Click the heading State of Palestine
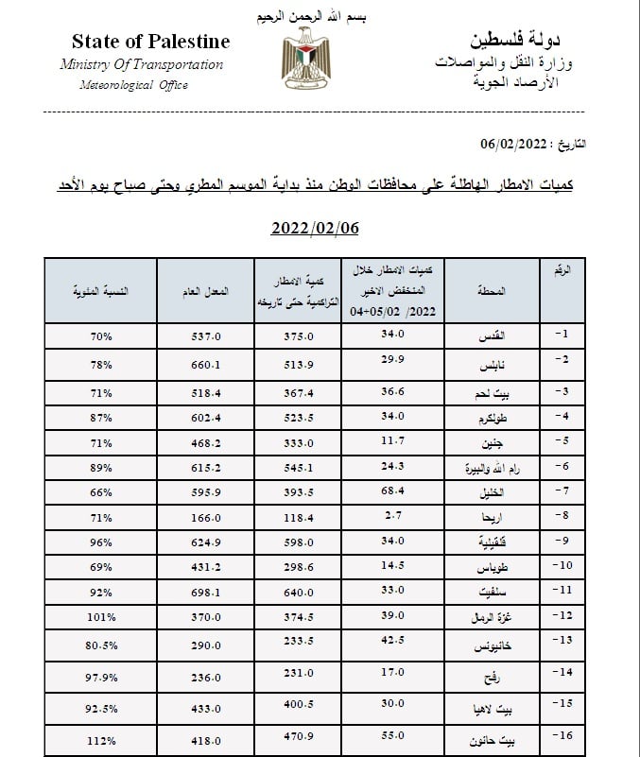[x=150, y=42]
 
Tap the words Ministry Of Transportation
[x=142, y=65]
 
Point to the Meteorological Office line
[x=133, y=85]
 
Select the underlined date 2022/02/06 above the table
[x=316, y=229]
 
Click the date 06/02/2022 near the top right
[x=514, y=144]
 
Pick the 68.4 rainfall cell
[x=389, y=490]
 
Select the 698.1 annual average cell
[x=205, y=592]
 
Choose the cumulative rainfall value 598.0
[x=299, y=542]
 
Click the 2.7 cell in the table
[x=389, y=516]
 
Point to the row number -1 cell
[x=562, y=334]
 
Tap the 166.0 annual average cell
[x=205, y=516]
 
